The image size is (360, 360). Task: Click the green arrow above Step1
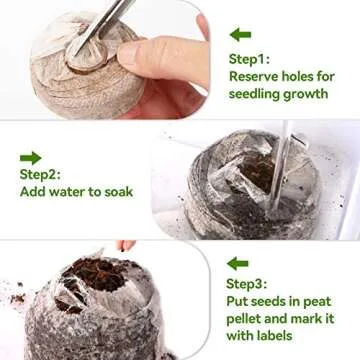point(239,35)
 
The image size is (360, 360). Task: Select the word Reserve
point(257,76)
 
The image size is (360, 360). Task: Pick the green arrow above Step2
point(31,157)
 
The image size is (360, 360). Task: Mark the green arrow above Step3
point(237,264)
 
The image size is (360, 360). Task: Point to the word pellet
point(247,320)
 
